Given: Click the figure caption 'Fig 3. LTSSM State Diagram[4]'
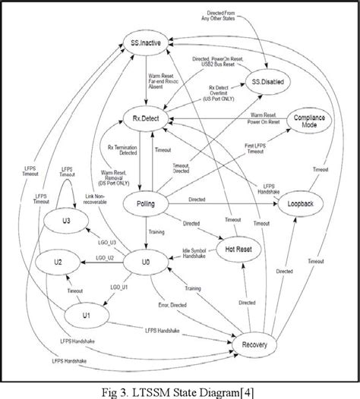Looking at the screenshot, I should (180, 388).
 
